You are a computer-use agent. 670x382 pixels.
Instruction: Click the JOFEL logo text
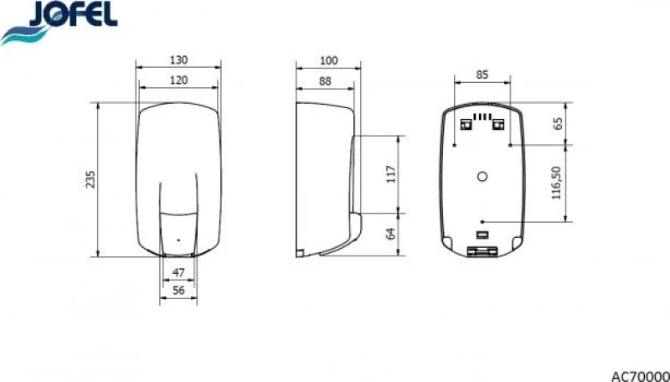click(74, 13)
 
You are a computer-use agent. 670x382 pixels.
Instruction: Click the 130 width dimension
click(178, 60)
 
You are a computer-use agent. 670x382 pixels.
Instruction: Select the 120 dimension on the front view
click(178, 80)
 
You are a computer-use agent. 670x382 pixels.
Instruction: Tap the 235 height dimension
click(90, 179)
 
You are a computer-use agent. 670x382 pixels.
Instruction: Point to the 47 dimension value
click(178, 272)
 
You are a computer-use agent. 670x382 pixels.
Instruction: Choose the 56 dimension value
click(178, 290)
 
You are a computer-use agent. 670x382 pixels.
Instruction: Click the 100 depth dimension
click(328, 60)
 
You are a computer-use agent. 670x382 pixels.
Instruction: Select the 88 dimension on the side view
click(325, 81)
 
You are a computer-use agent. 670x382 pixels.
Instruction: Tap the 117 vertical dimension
click(391, 174)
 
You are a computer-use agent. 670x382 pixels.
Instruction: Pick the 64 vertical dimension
click(391, 234)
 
